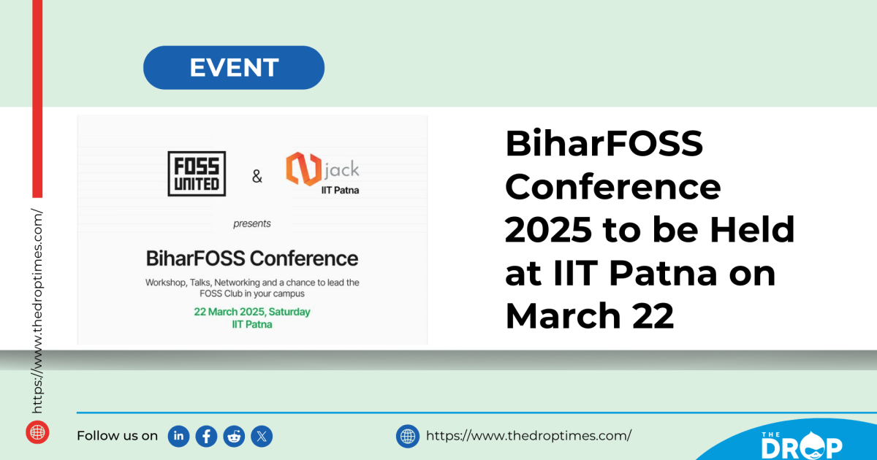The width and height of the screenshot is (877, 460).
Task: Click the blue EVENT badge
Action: click(x=234, y=68)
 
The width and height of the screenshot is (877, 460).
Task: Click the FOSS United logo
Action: click(x=197, y=174)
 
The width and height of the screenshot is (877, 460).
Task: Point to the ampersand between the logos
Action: click(x=257, y=176)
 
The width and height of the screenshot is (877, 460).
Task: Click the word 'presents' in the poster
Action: click(x=252, y=223)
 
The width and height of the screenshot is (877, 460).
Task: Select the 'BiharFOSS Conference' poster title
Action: click(x=252, y=258)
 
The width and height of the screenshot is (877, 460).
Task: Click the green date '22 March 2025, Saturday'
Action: click(x=252, y=312)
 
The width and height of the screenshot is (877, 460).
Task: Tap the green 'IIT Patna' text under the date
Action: click(x=251, y=324)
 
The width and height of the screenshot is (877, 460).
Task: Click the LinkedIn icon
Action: click(x=179, y=436)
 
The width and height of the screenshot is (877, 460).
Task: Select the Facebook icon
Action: click(x=207, y=436)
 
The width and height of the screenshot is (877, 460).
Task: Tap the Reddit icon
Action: click(x=235, y=436)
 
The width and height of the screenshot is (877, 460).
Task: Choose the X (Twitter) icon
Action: click(x=262, y=436)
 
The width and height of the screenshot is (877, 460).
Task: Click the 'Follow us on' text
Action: click(x=117, y=436)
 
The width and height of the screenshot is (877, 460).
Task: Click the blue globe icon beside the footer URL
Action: click(x=408, y=436)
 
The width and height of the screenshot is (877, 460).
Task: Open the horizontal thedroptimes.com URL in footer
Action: click(x=528, y=436)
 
